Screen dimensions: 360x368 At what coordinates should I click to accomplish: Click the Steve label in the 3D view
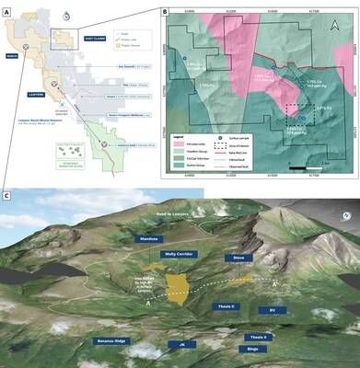(x=238, y=259)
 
